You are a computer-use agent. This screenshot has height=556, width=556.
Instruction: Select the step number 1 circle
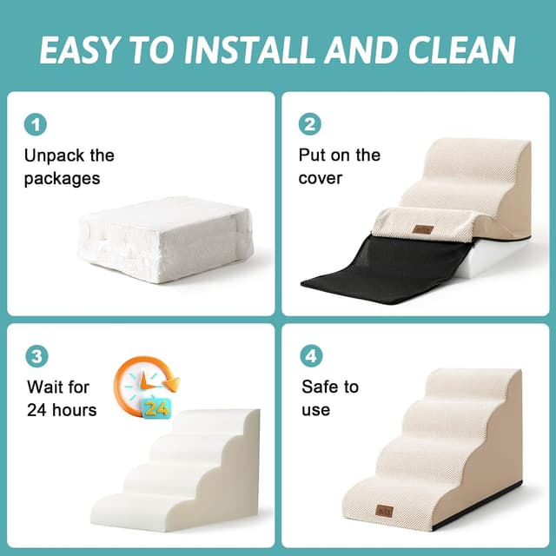point(36,124)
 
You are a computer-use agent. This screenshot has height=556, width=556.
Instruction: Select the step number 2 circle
point(310,124)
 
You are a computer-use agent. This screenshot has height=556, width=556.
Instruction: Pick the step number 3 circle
point(36,356)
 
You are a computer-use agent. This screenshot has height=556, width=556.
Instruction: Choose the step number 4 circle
point(310,356)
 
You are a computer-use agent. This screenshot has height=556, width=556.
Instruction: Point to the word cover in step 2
point(321,179)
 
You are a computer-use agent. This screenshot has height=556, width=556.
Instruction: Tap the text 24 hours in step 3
point(62,409)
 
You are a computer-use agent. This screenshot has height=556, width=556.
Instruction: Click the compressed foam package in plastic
point(165,239)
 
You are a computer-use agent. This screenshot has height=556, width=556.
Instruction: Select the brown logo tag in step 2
point(424,229)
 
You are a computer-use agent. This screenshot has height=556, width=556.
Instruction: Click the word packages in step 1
point(62,179)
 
